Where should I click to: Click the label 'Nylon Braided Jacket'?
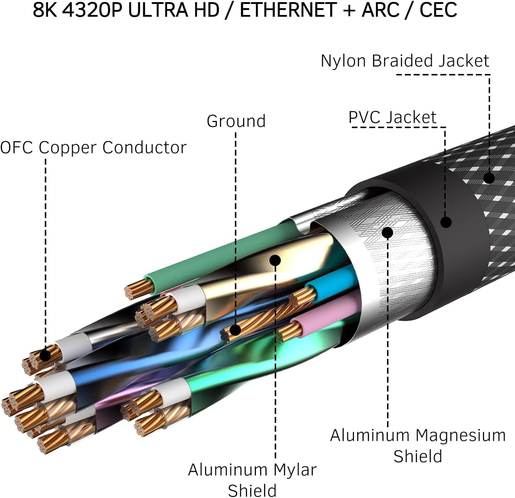pyautogui.click(x=405, y=61)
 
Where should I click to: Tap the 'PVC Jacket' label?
pyautogui.click(x=392, y=117)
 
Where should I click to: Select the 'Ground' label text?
pyautogui.click(x=236, y=121)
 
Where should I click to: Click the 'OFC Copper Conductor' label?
pyautogui.click(x=93, y=147)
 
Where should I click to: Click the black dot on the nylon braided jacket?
pyautogui.click(x=489, y=178)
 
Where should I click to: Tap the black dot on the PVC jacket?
pyautogui.click(x=446, y=222)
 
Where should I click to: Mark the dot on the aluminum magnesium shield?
pyautogui.click(x=387, y=233)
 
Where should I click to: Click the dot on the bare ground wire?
pyautogui.click(x=235, y=330)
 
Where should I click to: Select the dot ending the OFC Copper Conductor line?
pyautogui.click(x=45, y=356)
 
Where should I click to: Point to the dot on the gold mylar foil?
pyautogui.click(x=275, y=260)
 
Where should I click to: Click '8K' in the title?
pyautogui.click(x=45, y=10)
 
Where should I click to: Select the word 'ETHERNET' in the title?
pyautogui.click(x=288, y=10)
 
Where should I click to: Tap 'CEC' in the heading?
pyautogui.click(x=438, y=10)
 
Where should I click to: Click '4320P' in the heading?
pyautogui.click(x=92, y=10)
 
